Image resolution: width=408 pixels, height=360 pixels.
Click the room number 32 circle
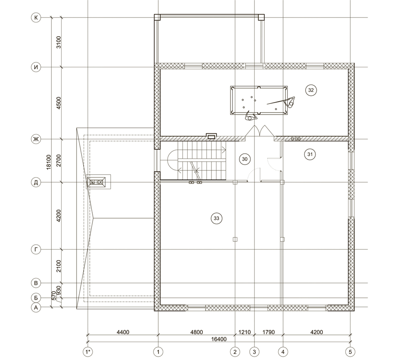310,90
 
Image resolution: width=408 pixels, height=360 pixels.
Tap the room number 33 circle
217,219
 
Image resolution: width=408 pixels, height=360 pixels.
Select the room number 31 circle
310,155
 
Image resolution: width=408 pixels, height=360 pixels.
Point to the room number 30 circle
244,159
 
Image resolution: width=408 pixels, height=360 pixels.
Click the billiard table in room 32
259,100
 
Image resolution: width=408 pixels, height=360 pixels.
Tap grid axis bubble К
36,18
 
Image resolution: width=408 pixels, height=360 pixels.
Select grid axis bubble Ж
36,139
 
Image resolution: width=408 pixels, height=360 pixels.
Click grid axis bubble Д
36,182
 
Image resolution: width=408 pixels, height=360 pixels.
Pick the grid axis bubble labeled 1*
88,352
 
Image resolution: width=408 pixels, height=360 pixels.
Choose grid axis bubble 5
350,352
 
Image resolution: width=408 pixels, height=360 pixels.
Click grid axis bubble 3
254,352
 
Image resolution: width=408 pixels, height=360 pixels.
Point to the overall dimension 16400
219,339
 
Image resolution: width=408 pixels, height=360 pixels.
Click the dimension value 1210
244,332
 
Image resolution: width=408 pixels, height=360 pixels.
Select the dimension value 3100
59,42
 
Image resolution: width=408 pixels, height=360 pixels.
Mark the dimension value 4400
123,332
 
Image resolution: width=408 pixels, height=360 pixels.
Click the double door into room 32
259,131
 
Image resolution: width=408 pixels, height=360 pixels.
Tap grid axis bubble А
36,307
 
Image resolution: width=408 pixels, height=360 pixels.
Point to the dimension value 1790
268,332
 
